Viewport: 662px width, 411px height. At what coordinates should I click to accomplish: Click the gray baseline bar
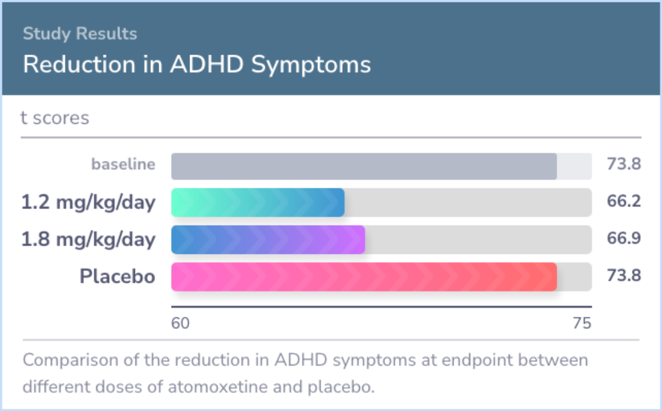(x=364, y=166)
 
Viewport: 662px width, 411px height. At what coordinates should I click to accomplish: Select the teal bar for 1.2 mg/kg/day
(x=258, y=203)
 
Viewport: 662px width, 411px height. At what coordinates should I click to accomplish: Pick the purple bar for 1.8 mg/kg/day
(x=268, y=239)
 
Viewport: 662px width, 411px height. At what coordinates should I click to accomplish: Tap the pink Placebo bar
(x=364, y=277)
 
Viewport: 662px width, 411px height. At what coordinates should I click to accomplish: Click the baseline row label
(x=123, y=164)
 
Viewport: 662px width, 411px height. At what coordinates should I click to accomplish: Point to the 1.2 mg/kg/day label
(x=89, y=202)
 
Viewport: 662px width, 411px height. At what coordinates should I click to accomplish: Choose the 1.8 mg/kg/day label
(x=89, y=239)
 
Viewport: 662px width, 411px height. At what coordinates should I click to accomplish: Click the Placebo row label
(x=118, y=276)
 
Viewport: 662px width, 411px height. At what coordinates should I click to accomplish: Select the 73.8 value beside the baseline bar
(x=624, y=164)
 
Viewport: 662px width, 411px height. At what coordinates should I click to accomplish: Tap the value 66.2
(x=624, y=201)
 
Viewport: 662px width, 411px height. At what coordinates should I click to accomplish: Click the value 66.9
(x=624, y=238)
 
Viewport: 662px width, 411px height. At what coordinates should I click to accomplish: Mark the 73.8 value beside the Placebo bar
(x=624, y=275)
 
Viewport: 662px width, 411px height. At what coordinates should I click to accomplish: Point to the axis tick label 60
(x=180, y=323)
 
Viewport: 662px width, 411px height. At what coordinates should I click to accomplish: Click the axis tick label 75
(x=582, y=323)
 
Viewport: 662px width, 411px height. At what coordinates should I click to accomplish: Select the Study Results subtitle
(x=80, y=33)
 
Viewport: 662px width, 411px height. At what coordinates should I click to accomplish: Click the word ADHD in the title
(x=207, y=64)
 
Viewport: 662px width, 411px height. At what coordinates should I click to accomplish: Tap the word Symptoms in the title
(x=311, y=65)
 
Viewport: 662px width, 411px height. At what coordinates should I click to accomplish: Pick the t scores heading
(x=55, y=118)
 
